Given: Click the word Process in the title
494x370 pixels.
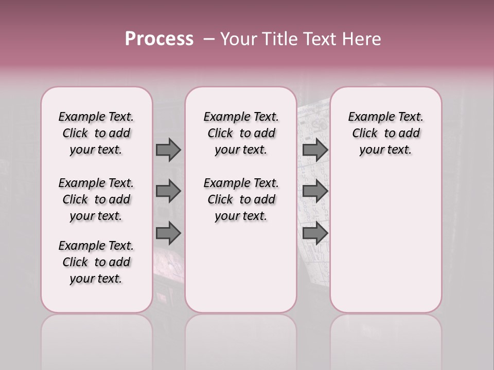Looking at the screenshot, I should [159, 39].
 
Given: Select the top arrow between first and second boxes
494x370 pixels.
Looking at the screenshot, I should [168, 150].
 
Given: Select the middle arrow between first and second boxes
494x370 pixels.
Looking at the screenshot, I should [168, 191].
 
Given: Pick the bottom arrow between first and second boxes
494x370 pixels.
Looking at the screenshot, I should [168, 233].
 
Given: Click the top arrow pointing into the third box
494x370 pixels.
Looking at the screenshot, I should [315, 150].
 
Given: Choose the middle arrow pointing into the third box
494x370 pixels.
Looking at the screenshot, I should [315, 191].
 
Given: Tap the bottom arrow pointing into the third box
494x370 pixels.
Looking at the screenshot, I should [315, 233].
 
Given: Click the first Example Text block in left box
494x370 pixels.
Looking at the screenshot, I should [96, 133].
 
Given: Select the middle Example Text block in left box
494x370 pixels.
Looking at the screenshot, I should [96, 199].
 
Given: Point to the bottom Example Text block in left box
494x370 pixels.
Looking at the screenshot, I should [96, 262].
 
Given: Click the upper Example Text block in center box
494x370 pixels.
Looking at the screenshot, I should [241, 133].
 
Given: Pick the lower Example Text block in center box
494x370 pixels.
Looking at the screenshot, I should [241, 199].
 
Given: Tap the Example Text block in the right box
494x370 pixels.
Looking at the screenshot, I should [385, 133].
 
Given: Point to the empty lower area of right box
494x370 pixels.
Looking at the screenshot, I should [385, 242].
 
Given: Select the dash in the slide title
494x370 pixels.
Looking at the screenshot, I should [209, 39].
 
